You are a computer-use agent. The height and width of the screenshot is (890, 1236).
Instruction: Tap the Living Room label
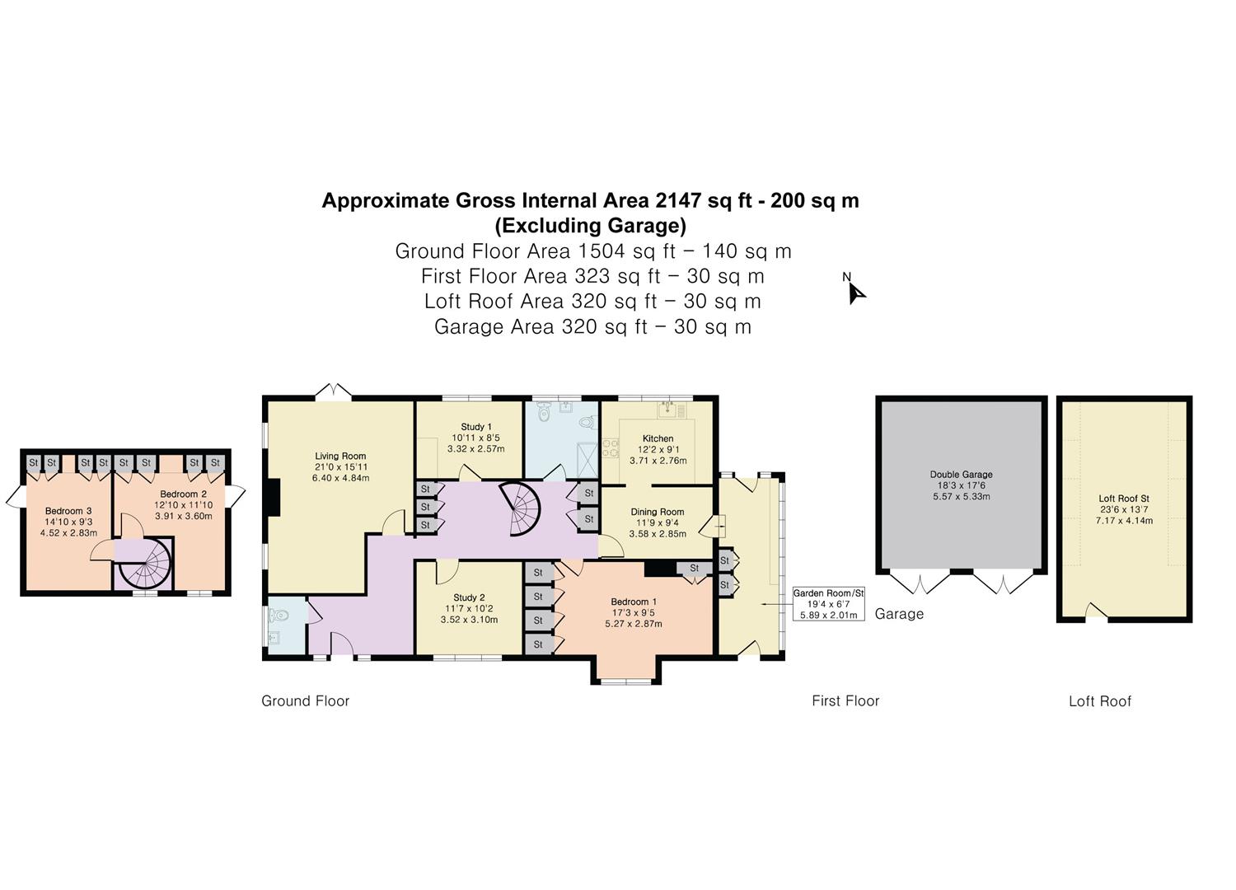click(340, 456)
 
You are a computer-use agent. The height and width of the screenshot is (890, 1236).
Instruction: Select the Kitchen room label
click(658, 438)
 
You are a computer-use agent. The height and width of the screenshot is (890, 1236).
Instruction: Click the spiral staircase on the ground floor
click(519, 508)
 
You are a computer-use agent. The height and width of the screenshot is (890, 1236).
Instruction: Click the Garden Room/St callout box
click(828, 603)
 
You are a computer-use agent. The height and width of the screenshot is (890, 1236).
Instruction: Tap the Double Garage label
click(962, 474)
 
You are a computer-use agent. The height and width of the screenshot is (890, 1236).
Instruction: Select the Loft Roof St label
click(1124, 498)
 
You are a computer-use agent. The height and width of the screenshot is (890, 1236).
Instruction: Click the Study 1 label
click(476, 427)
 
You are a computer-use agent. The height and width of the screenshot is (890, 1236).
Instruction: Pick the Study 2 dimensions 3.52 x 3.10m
click(469, 620)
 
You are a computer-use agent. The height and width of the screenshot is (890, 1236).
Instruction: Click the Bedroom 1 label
click(634, 602)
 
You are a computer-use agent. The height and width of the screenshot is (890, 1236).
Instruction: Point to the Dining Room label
click(658, 512)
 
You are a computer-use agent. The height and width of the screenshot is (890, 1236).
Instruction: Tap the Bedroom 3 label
click(68, 511)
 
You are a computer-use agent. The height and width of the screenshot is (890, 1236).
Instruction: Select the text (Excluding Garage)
click(591, 226)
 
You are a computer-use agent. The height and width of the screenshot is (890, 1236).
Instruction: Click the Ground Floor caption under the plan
click(305, 700)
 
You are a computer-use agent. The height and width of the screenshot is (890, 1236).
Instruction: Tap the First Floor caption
click(845, 700)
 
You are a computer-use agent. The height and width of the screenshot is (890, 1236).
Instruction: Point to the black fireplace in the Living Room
click(274, 497)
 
